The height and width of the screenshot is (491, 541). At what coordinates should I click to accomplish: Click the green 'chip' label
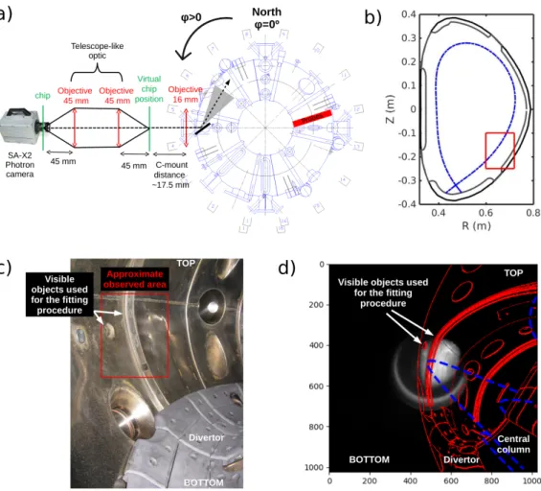coord(42,95)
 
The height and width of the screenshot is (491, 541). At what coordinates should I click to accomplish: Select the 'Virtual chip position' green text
coord(149,89)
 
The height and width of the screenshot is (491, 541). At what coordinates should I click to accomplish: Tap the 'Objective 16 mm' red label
coord(185,94)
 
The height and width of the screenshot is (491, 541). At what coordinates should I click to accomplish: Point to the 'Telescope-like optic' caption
coord(98,51)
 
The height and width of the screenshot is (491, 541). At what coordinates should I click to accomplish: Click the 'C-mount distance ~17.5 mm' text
coord(171,175)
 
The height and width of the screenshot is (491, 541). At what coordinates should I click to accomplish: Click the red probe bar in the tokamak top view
coord(312,118)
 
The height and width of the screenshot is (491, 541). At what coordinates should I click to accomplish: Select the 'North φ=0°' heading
coord(267,18)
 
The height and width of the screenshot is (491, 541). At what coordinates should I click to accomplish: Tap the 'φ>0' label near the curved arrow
coord(192,17)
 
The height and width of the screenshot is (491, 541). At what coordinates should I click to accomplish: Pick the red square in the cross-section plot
coord(500,151)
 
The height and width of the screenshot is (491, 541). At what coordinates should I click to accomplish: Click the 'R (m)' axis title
coord(476,225)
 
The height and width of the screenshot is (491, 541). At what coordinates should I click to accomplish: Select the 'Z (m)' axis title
coord(390,108)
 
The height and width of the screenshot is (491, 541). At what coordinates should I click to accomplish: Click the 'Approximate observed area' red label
coord(135,279)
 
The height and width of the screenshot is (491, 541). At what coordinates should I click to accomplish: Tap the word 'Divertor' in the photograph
coord(206,438)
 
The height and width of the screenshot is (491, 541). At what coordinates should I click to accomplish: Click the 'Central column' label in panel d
coord(513,444)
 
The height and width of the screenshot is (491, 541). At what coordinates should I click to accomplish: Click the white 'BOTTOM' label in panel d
coord(370,459)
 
